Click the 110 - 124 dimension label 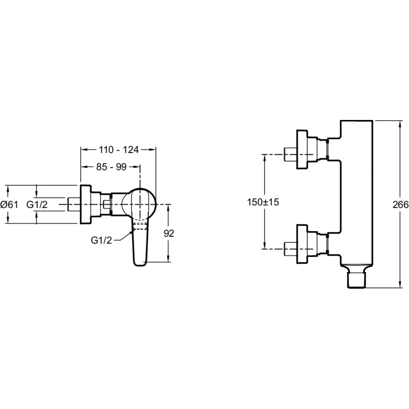[119, 150]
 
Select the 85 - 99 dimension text [111, 167]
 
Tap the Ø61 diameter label [9, 204]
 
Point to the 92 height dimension [169, 233]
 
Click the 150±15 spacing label [263, 202]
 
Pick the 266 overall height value [400, 204]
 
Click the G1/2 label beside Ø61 [37, 204]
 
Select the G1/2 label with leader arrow [101, 240]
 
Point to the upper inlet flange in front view [302, 150]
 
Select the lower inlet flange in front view [302, 244]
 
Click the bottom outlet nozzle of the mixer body [357, 281]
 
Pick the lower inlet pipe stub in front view [290, 249]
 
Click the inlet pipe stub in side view [74, 204]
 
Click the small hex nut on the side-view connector [107, 204]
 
